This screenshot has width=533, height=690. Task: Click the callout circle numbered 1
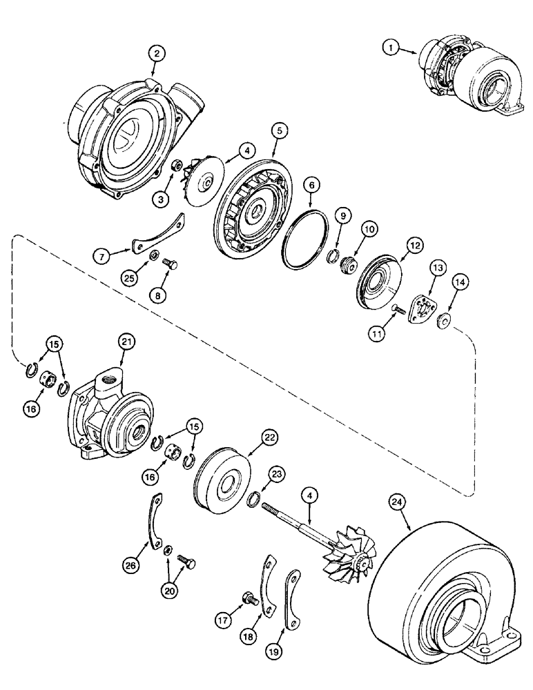coord(392,48)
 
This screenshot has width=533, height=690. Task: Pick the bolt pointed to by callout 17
coord(246,599)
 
